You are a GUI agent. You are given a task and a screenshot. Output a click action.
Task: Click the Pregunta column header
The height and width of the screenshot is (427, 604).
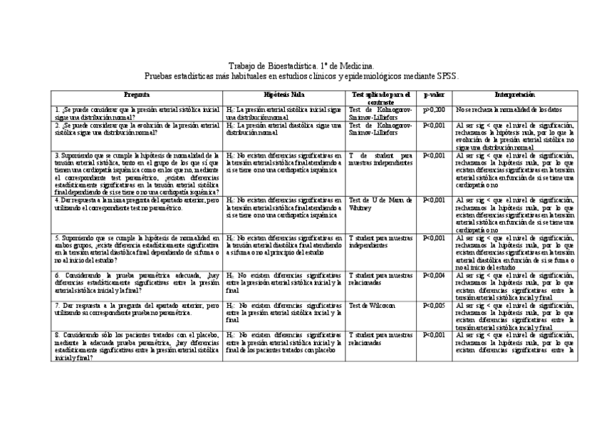[137, 95]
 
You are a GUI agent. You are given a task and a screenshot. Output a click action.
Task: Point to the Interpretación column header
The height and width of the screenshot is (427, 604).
[514, 95]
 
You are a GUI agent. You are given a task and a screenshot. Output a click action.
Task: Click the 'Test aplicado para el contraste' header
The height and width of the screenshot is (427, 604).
[381, 98]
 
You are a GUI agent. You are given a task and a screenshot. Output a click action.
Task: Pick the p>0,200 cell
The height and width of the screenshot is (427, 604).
[434, 110]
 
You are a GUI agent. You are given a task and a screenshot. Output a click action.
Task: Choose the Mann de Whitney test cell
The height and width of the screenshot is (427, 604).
[380, 203]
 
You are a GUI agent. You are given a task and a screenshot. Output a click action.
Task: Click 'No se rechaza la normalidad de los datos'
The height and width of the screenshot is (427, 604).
[509, 110]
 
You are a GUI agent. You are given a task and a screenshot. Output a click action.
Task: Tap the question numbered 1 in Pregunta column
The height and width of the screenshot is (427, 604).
[137, 113]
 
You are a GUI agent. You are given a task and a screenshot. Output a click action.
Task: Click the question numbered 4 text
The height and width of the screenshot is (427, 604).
[137, 203]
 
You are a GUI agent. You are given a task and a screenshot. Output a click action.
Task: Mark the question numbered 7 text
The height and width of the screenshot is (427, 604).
[137, 309]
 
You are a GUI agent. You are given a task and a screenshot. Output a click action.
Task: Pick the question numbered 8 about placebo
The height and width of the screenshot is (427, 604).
[137, 346]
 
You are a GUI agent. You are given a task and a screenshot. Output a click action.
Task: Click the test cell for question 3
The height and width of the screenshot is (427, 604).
[380, 158]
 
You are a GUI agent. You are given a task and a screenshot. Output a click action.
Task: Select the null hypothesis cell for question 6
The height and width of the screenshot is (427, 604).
[283, 278]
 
